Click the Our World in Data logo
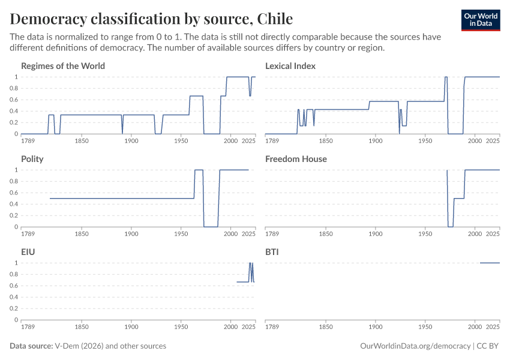(x=481, y=20)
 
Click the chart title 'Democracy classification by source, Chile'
(x=152, y=18)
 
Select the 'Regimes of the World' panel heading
(x=63, y=66)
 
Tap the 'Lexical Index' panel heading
(x=290, y=66)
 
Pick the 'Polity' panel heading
(x=32, y=159)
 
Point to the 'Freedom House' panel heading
(x=296, y=159)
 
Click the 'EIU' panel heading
(x=28, y=252)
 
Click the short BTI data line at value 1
(x=490, y=263)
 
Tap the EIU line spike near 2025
(x=251, y=264)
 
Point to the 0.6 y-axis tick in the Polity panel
(x=14, y=193)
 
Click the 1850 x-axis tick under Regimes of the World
(x=82, y=141)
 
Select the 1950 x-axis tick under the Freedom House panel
(x=425, y=234)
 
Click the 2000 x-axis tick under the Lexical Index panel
(x=475, y=141)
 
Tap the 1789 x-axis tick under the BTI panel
(x=272, y=327)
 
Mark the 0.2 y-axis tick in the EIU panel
(x=14, y=308)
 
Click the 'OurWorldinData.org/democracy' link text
(x=415, y=346)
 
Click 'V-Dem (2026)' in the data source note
(x=77, y=346)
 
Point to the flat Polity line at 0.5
(x=120, y=198)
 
